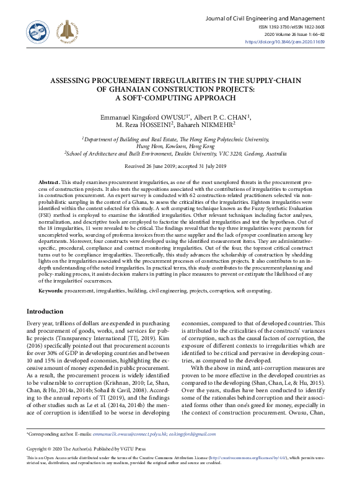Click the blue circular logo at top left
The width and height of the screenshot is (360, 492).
37,29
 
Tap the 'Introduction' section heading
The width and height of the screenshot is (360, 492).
45,311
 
